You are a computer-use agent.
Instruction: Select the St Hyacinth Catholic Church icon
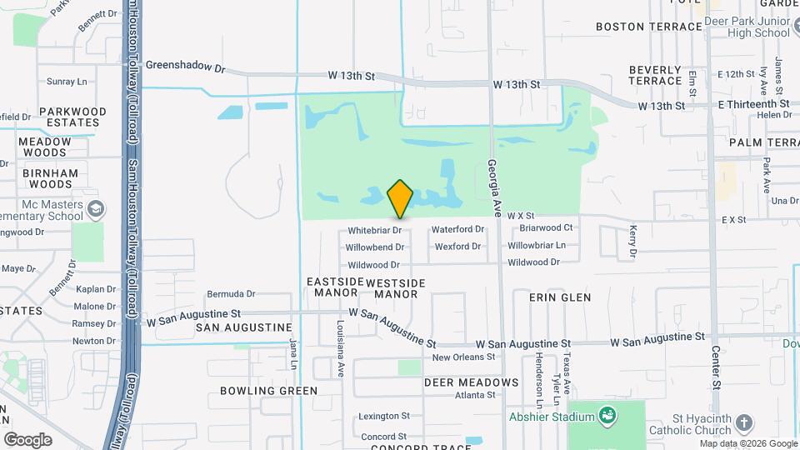click(744, 423)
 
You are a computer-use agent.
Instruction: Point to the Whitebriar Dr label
click(375, 229)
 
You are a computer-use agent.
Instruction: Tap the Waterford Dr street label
click(457, 229)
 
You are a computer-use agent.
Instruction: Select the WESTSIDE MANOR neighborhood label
click(396, 288)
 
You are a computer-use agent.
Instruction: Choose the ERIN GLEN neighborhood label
click(560, 297)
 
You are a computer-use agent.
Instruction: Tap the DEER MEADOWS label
click(471, 383)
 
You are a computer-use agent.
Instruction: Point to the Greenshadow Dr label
click(185, 64)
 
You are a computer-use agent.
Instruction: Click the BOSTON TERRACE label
click(649, 27)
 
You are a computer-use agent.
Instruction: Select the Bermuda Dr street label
click(231, 293)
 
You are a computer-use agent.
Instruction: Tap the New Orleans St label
click(463, 357)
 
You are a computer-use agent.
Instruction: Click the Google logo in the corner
click(27, 439)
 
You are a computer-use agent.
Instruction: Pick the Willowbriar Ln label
click(537, 246)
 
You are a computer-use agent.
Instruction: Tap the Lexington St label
click(384, 416)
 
